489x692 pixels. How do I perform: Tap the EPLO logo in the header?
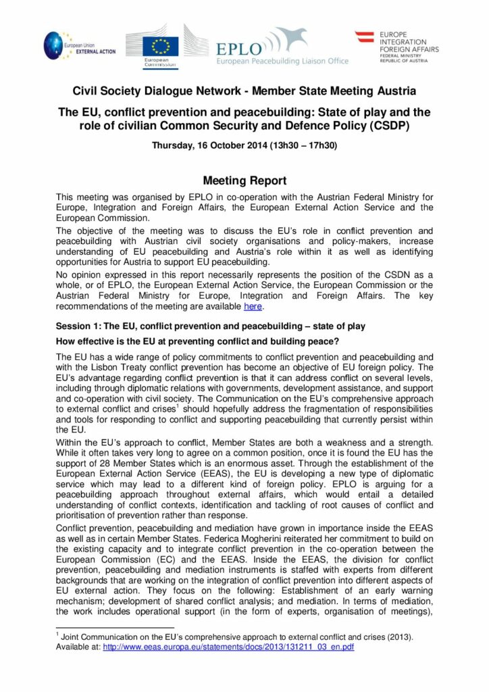238,48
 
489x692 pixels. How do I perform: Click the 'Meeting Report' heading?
244,180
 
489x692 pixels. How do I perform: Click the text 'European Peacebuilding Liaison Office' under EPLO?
282,61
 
